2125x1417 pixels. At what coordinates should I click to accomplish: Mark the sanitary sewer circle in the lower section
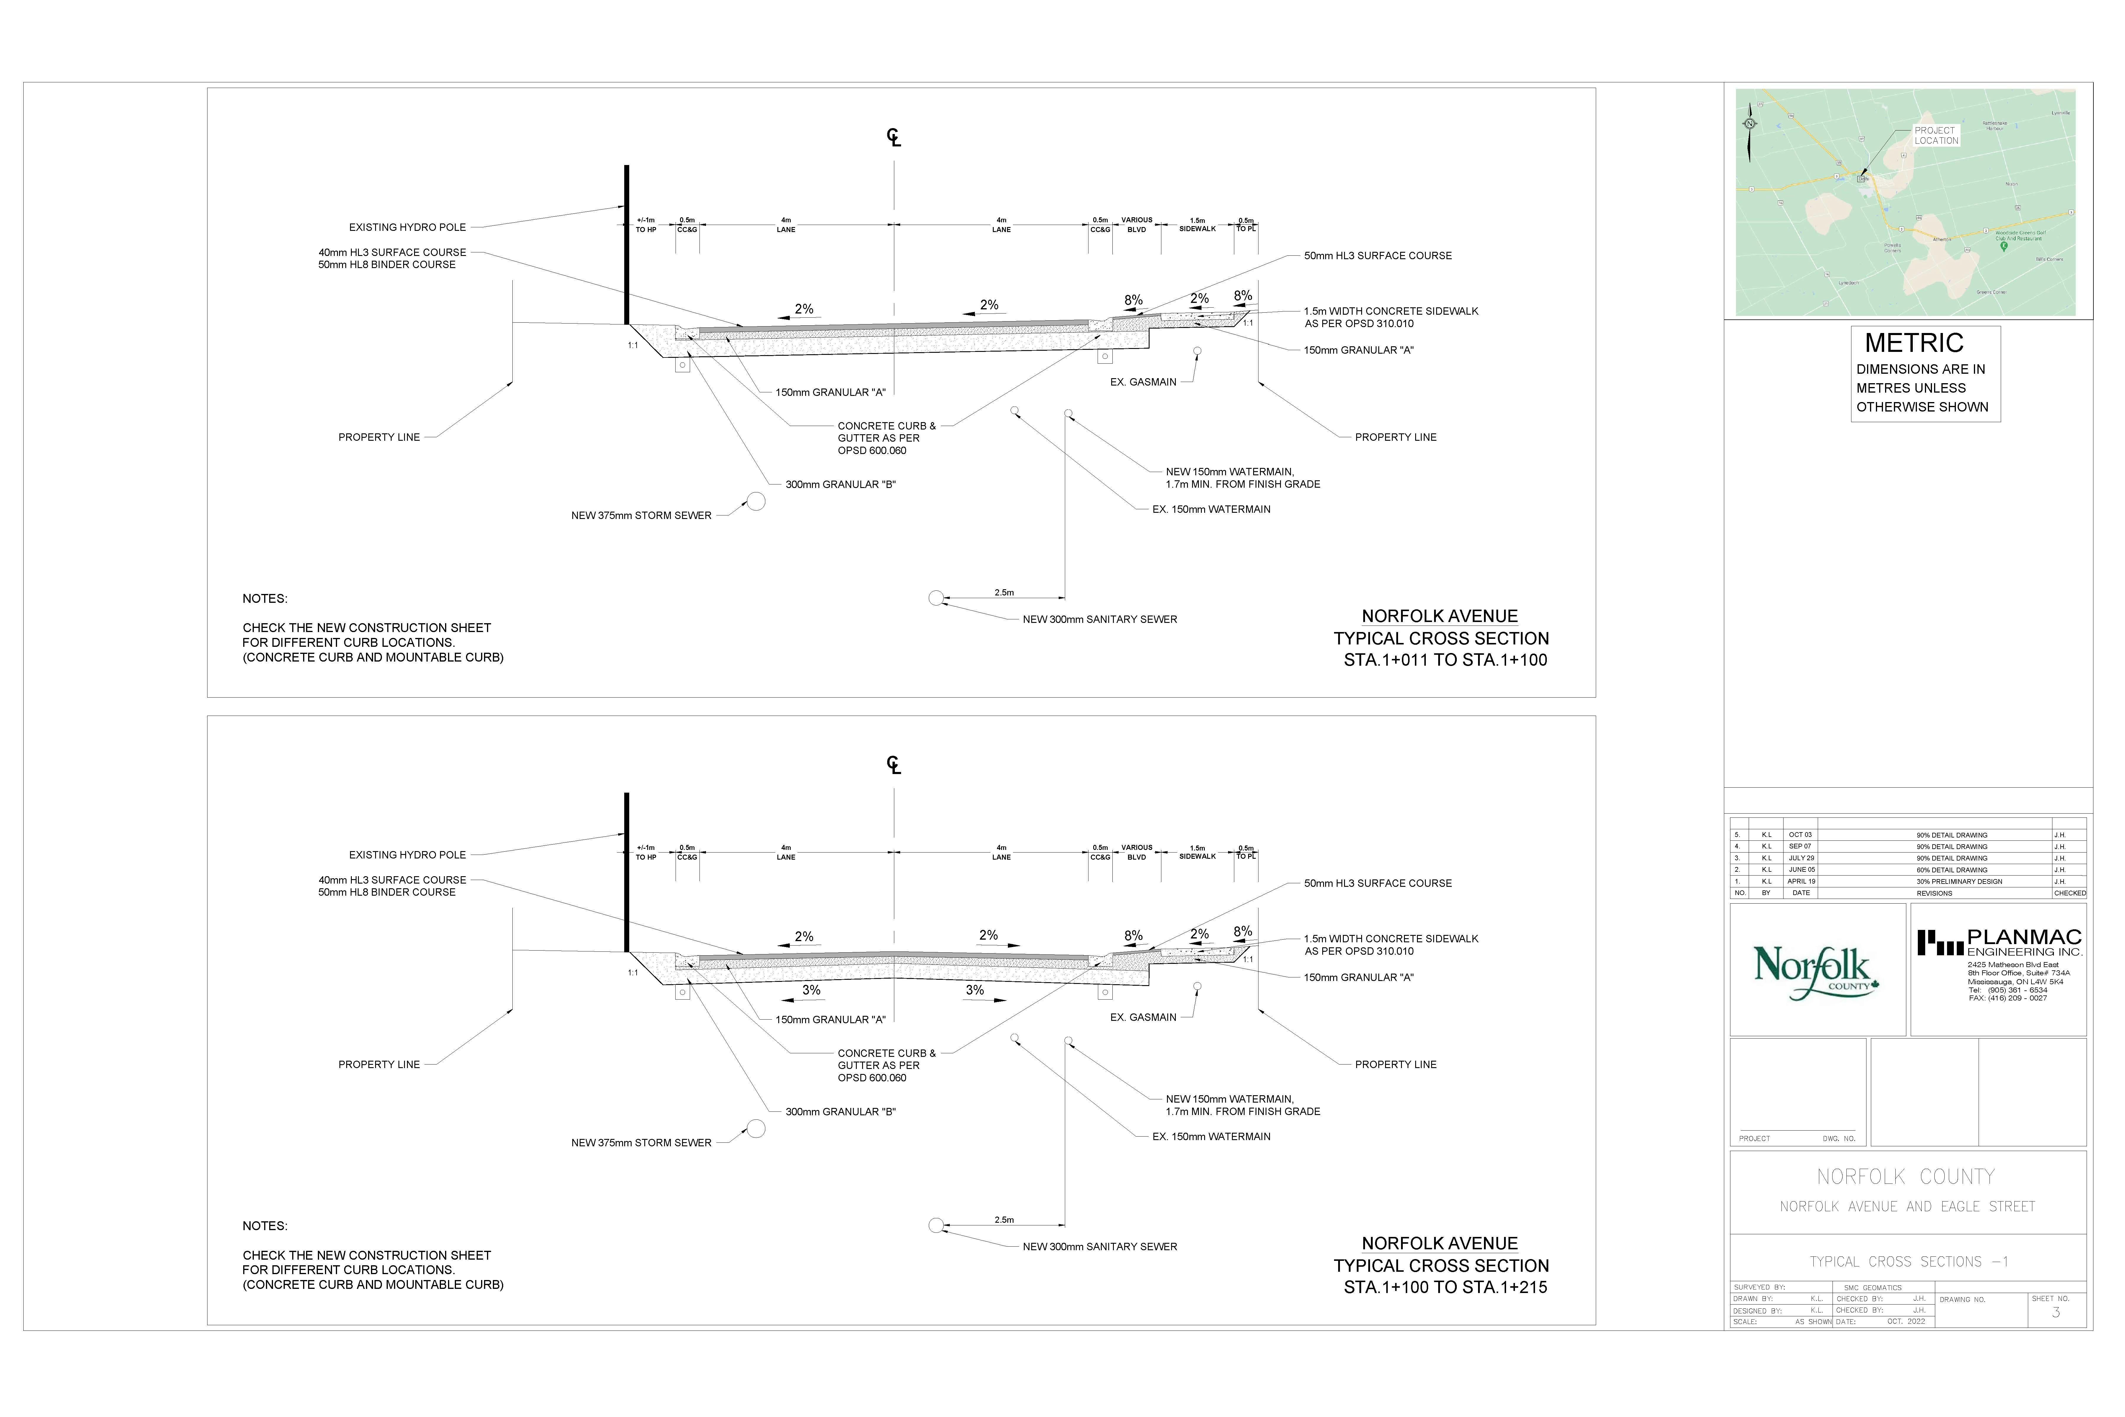(936, 1225)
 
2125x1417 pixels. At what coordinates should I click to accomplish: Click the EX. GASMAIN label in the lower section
(1143, 1018)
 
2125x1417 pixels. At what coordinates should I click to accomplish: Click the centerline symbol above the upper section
(894, 137)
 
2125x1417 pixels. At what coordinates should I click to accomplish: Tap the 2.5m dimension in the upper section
(1004, 593)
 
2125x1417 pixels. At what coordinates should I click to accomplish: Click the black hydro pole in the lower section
(626, 872)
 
